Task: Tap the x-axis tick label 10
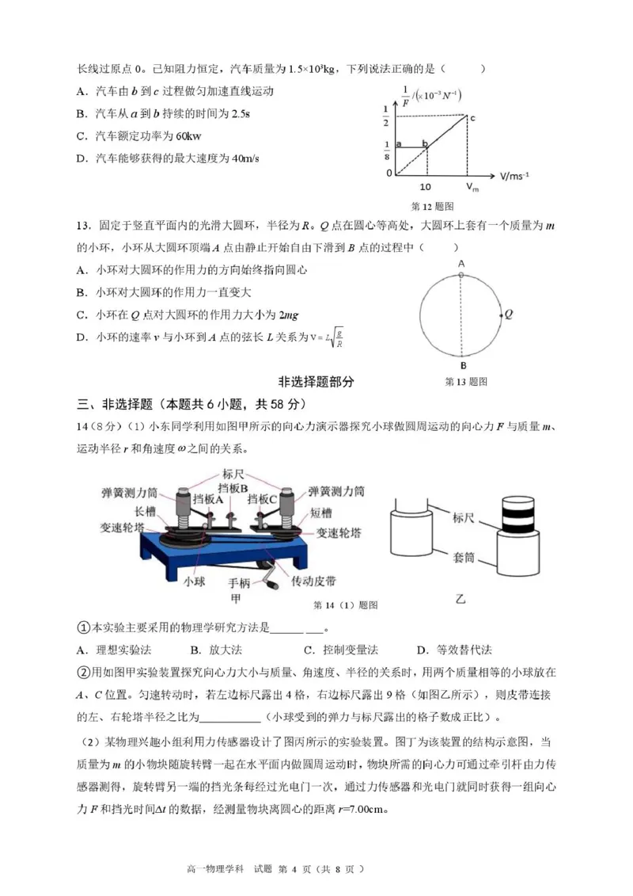426,187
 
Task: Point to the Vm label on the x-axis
472,188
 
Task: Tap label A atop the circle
461,264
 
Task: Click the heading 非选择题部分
316,381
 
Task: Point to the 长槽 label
146,511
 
